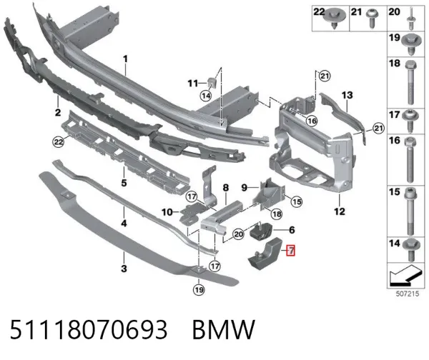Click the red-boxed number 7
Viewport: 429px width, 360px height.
click(290, 251)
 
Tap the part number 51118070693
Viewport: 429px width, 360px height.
click(89, 330)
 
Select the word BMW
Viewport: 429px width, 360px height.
click(224, 330)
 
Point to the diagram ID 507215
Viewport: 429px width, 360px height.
click(408, 294)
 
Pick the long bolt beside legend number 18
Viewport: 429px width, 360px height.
click(410, 83)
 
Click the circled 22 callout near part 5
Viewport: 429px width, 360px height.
click(58, 141)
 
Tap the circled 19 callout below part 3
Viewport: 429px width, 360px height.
click(199, 289)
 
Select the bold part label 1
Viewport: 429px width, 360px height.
click(125, 59)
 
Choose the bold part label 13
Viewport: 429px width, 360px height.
click(347, 95)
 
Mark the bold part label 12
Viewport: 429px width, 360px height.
click(340, 211)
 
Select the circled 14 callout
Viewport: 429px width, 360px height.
click(205, 96)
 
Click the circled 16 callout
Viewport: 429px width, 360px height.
click(312, 121)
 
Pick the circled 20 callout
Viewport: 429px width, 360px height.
click(239, 234)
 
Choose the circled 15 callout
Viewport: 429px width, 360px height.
click(297, 201)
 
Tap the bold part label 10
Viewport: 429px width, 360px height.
click(167, 212)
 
